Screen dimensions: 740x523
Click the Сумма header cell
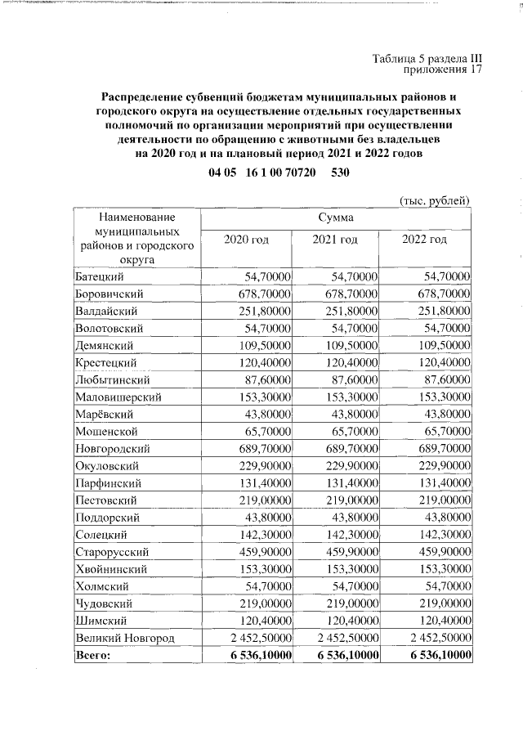[x=336, y=218]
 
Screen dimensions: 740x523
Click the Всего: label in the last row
[x=92, y=654]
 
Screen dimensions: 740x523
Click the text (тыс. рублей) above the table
[x=435, y=199]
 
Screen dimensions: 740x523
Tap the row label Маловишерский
[x=118, y=397]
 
